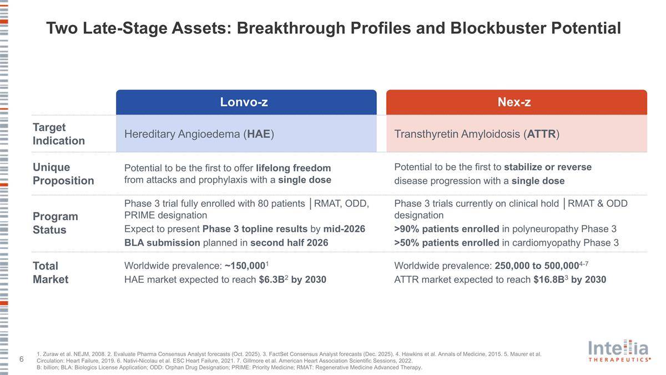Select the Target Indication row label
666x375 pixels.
(x=59, y=134)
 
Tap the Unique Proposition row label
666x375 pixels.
(x=63, y=174)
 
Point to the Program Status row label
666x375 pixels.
(x=56, y=223)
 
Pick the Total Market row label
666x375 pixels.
(x=51, y=272)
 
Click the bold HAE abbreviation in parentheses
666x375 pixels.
(x=259, y=134)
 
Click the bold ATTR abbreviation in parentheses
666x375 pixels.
(x=541, y=134)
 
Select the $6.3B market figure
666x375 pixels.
(x=271, y=279)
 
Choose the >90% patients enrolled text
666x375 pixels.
(x=446, y=229)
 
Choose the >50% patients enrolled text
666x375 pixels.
(x=446, y=243)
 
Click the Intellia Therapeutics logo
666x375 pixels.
(x=619, y=352)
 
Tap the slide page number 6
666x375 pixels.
(x=21, y=360)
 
